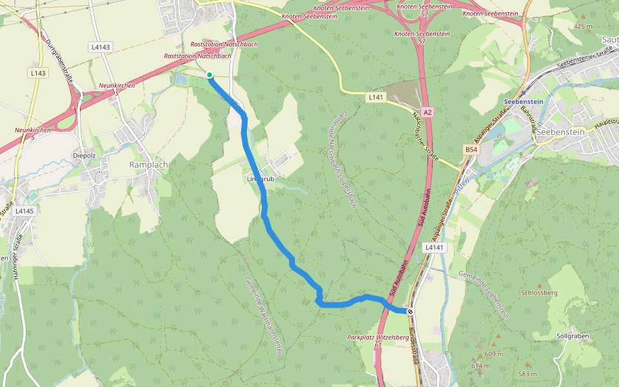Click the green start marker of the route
210,75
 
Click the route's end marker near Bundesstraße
409,311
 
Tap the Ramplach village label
148,164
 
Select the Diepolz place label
84,155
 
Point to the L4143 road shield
101,47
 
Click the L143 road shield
38,74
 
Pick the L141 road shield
376,97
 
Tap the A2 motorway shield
428,112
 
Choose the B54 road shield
471,150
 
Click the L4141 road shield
435,247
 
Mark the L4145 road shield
24,211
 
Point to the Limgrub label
260,179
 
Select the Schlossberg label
538,292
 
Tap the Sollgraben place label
572,336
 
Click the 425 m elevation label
582,26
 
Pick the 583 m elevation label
527,373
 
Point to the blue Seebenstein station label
524,101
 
